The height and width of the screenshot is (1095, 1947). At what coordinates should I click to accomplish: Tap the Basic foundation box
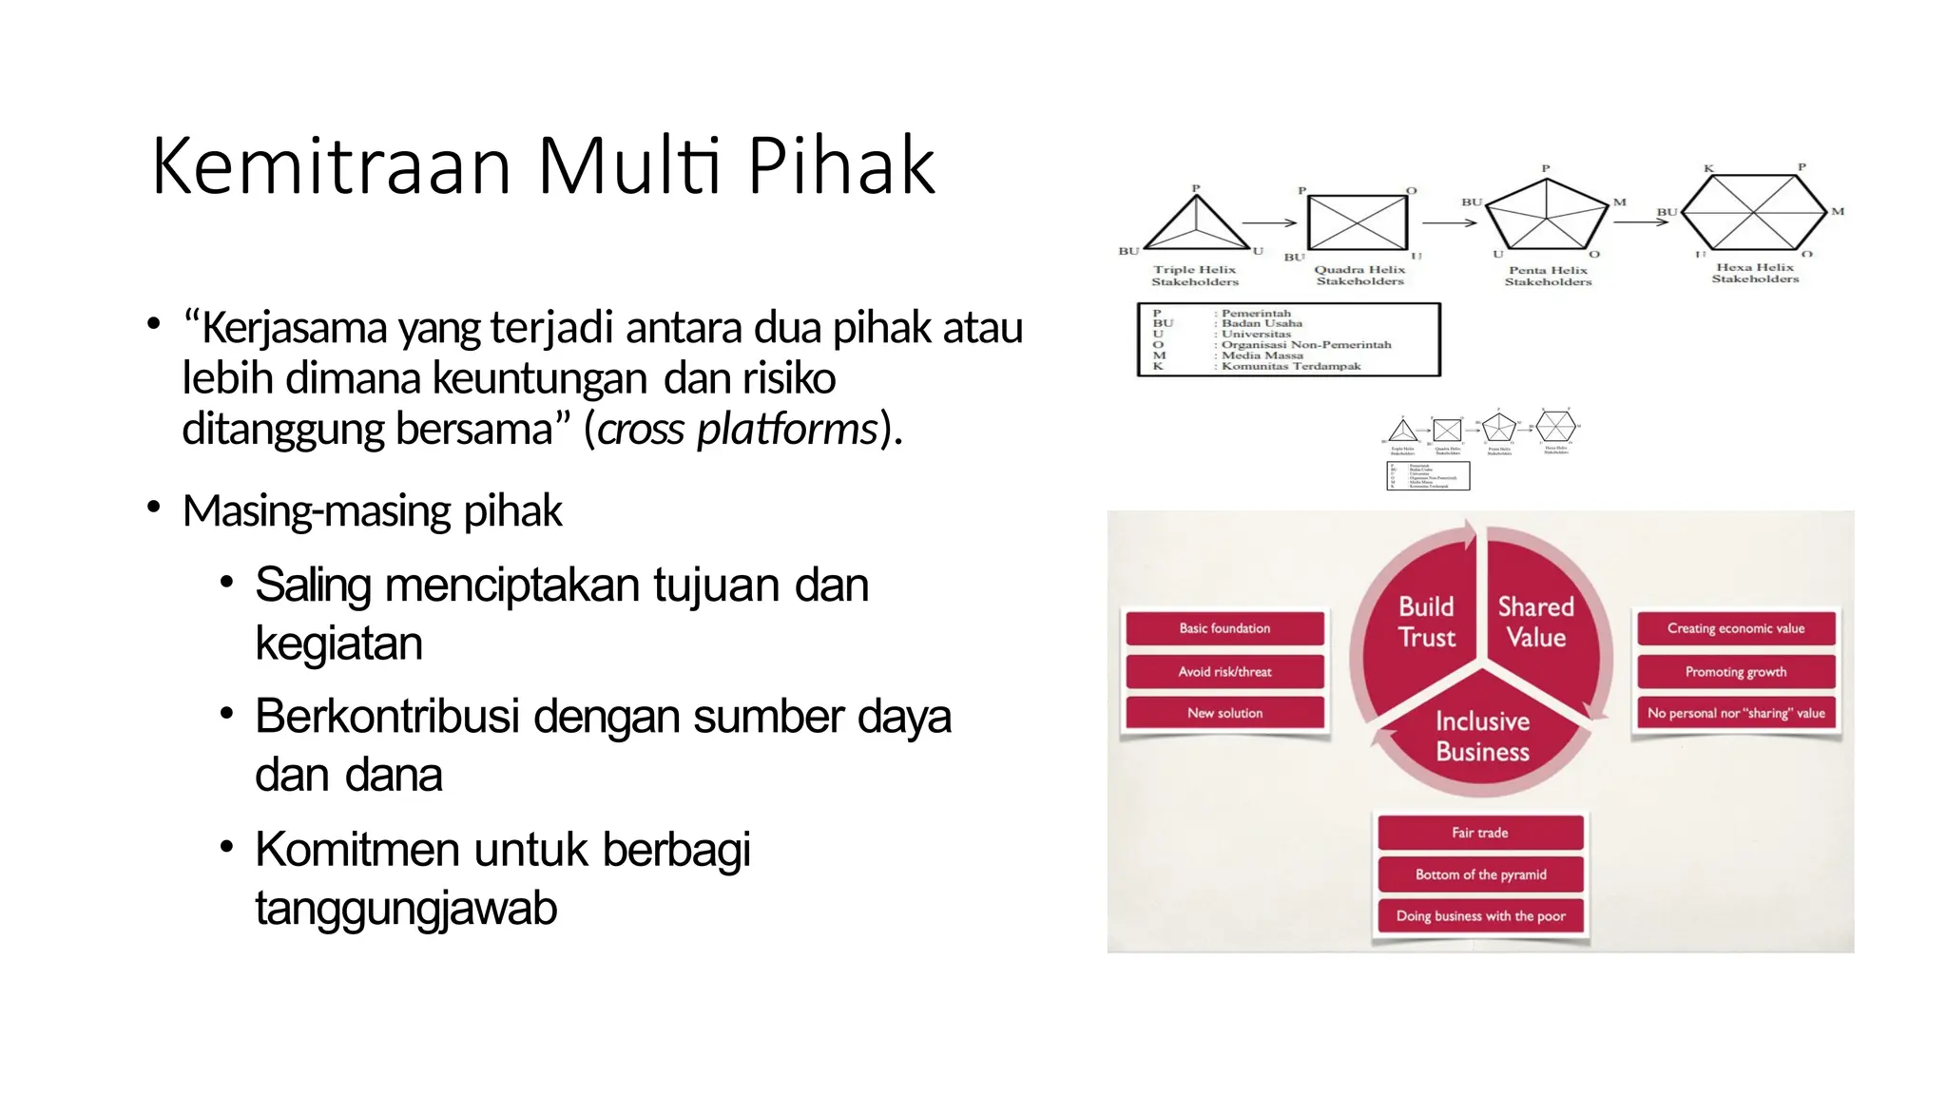pyautogui.click(x=1224, y=628)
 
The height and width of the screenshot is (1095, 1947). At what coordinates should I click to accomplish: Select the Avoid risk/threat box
pyautogui.click(x=1224, y=671)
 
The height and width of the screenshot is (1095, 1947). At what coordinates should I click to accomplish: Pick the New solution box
pyautogui.click(x=1224, y=713)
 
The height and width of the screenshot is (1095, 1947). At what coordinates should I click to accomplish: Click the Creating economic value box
pyautogui.click(x=1735, y=628)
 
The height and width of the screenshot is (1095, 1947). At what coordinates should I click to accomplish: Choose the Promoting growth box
pyautogui.click(x=1735, y=671)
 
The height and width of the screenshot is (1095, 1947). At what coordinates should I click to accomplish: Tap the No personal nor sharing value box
pyautogui.click(x=1735, y=713)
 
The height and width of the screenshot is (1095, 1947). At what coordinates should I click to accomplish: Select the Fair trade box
pyautogui.click(x=1480, y=833)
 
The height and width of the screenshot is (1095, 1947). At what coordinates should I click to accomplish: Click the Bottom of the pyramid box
pyautogui.click(x=1480, y=874)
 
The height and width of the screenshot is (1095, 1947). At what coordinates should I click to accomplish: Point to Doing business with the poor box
pyautogui.click(x=1480, y=916)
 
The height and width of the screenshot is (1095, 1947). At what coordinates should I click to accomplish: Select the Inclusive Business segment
pyautogui.click(x=1482, y=737)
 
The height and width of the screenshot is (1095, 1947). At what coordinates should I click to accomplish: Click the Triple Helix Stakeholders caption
pyautogui.click(x=1195, y=276)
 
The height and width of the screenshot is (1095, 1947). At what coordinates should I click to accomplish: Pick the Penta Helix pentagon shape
pyautogui.click(x=1547, y=214)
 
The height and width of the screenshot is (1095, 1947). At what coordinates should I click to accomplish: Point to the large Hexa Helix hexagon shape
pyautogui.click(x=1754, y=211)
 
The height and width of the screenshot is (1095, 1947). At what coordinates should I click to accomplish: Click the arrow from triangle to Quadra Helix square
pyautogui.click(x=1269, y=223)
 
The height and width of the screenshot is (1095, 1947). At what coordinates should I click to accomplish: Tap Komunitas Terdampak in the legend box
pyautogui.click(x=1290, y=366)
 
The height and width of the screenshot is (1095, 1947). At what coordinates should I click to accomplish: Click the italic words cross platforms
pyautogui.click(x=737, y=430)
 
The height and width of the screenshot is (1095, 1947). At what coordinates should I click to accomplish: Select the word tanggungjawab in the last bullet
pyautogui.click(x=406, y=909)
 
